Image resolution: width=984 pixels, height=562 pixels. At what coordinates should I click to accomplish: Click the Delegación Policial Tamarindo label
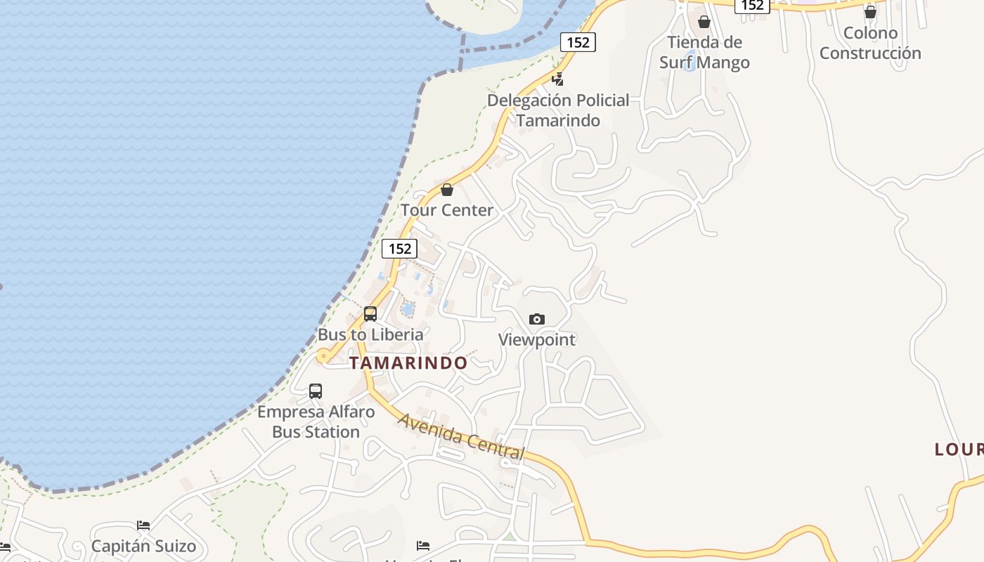(558, 110)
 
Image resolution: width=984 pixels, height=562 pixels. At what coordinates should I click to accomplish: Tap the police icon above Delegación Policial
(558, 79)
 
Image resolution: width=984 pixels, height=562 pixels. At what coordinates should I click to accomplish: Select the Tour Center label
(447, 210)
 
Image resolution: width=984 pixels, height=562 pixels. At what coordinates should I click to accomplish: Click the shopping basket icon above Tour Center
(446, 190)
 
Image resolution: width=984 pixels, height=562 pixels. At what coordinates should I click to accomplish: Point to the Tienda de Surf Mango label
(704, 53)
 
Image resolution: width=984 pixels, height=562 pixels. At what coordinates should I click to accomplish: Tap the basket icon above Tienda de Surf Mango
(704, 22)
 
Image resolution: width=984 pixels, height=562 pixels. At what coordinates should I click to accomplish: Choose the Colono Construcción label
(870, 43)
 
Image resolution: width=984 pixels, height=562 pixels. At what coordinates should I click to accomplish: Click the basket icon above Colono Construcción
(870, 12)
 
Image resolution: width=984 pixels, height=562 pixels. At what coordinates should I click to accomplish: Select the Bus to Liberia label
(370, 334)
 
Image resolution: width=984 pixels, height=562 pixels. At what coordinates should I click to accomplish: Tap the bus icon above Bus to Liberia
(370, 314)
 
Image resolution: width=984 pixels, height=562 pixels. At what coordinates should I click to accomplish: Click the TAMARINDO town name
(408, 363)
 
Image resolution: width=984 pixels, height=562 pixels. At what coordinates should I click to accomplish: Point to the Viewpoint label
(537, 340)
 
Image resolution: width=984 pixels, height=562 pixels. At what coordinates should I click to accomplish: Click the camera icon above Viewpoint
(537, 320)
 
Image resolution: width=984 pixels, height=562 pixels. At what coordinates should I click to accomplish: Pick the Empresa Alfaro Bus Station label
(316, 421)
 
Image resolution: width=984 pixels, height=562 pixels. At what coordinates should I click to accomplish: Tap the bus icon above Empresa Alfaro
(316, 391)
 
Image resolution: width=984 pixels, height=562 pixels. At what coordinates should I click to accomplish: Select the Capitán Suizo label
(143, 547)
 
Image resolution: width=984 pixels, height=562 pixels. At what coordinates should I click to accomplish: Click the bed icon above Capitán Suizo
(143, 525)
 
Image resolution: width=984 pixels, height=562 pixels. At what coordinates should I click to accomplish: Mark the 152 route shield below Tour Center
(399, 249)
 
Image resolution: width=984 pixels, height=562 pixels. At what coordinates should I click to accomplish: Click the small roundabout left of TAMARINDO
(323, 357)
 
